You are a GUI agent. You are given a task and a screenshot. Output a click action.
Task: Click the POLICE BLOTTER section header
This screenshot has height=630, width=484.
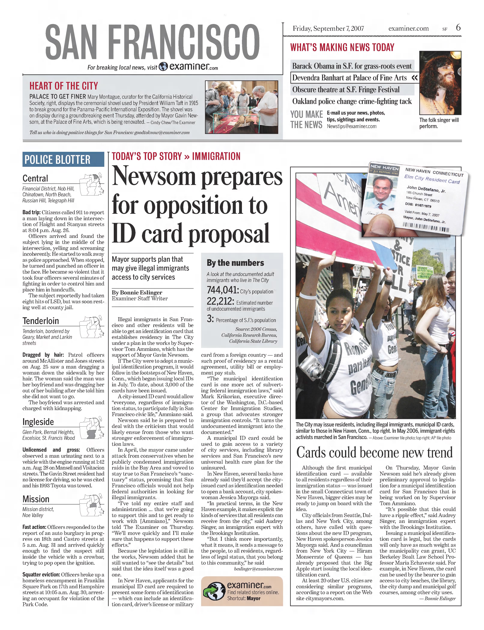click(57, 159)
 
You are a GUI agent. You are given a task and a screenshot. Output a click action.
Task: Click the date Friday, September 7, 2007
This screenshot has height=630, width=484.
click(328, 28)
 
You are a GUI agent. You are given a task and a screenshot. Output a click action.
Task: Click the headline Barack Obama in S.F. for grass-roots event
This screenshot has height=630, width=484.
click(352, 66)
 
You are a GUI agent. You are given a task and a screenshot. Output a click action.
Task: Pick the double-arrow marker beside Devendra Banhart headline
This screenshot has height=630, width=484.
click(415, 78)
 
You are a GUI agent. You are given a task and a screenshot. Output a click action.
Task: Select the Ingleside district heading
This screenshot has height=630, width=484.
click(38, 422)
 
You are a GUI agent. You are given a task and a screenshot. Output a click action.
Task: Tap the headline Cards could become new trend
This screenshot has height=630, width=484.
click(374, 452)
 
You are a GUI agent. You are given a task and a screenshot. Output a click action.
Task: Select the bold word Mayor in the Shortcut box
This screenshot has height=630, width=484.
click(253, 598)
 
